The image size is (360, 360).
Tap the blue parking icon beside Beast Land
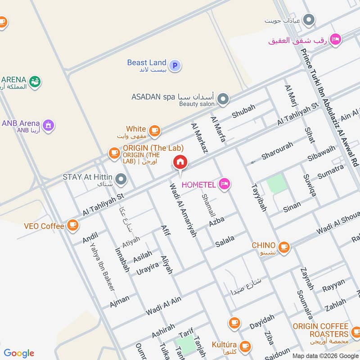pyautogui.click(x=175, y=66)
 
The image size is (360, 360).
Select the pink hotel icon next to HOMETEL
pyautogui.click(x=225, y=183)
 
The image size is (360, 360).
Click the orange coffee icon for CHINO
pyautogui.click(x=283, y=246)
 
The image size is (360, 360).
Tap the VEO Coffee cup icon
pyautogui.click(x=72, y=225)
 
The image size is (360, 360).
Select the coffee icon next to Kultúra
pyautogui.click(x=245, y=346)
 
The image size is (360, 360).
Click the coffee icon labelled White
pyautogui.click(x=155, y=130)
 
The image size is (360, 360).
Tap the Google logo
pyautogui.click(x=19, y=353)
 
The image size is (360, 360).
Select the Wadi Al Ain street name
pyautogui.click(x=163, y=306)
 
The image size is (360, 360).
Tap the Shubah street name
pyautogui.click(x=243, y=111)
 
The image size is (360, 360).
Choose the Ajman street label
pyautogui.click(x=119, y=301)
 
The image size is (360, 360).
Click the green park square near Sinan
pyautogui.click(x=276, y=184)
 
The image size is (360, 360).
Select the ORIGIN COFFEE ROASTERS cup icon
pyautogui.click(x=355, y=333)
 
